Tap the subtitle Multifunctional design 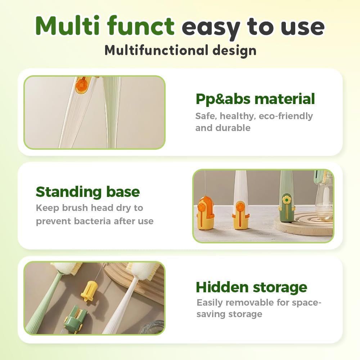coord(180,50)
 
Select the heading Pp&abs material coord(255,99)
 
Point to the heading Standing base coord(87,192)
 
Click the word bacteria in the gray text coord(93,221)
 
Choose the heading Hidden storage coord(251,287)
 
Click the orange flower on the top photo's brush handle coord(81,85)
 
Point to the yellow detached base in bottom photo coord(89,291)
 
